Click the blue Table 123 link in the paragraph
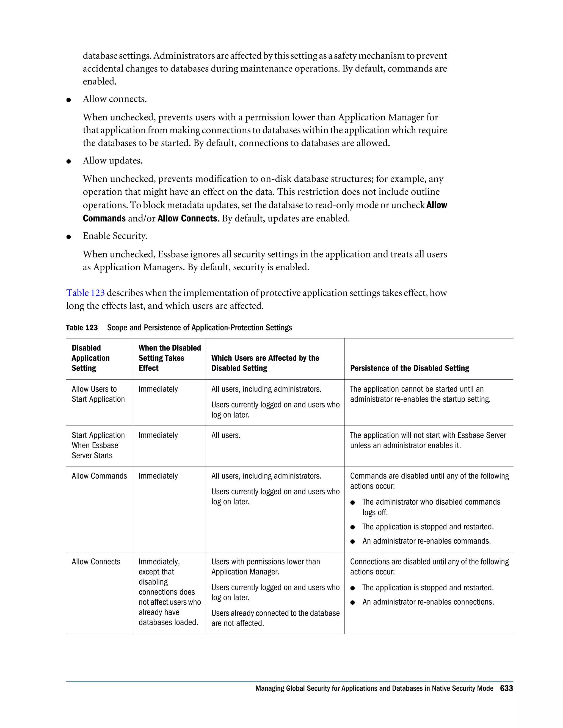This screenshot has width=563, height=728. pyautogui.click(x=85, y=293)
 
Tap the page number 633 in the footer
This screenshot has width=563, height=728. pyautogui.click(x=506, y=688)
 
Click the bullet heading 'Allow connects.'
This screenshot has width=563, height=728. pyautogui.click(x=115, y=99)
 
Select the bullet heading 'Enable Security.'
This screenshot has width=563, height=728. pyautogui.click(x=115, y=236)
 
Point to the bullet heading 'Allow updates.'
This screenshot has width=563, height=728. pyautogui.click(x=113, y=161)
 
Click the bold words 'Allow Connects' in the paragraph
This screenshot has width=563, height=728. pyautogui.click(x=187, y=219)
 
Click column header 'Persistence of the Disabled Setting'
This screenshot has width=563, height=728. pyautogui.click(x=409, y=368)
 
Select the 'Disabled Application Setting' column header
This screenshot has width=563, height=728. pyautogui.click(x=90, y=358)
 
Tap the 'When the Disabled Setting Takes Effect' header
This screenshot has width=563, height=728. pyautogui.click(x=169, y=358)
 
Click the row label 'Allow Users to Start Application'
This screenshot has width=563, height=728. pyautogui.click(x=98, y=394)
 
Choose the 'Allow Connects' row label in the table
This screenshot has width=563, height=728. pyautogui.click(x=96, y=562)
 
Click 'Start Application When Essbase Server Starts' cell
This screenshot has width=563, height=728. pyautogui.click(x=98, y=445)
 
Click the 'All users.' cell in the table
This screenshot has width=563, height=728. pyautogui.click(x=226, y=435)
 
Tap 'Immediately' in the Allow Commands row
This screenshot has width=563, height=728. pyautogui.click(x=158, y=476)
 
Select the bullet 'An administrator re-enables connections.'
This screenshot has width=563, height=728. pyautogui.click(x=428, y=602)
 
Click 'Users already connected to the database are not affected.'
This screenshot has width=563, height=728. pyautogui.click(x=275, y=618)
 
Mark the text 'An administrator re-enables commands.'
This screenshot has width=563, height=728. pyautogui.click(x=426, y=541)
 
